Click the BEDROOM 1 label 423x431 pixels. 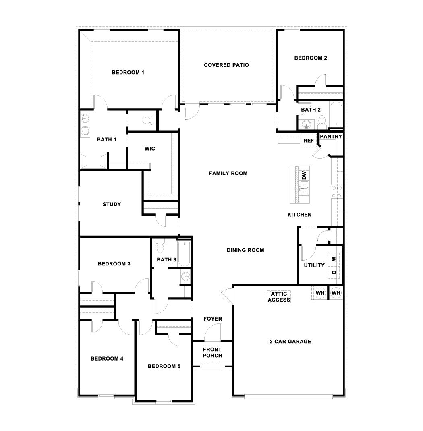128,73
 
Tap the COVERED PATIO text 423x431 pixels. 226,65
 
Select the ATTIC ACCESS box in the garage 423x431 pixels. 279,297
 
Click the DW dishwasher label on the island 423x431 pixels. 304,175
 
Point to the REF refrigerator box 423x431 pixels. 309,141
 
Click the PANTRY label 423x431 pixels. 331,137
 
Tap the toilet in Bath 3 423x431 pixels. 160,245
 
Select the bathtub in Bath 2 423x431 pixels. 335,115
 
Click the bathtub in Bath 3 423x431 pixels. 184,254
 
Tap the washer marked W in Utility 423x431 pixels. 334,259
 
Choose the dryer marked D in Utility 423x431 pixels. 334,273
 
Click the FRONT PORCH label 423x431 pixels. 212,352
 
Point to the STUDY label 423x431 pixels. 112,204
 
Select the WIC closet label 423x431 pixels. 149,149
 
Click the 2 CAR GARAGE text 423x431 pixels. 290,342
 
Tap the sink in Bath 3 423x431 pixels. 185,276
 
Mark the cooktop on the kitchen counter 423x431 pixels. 336,191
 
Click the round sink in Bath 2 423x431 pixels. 307,124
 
